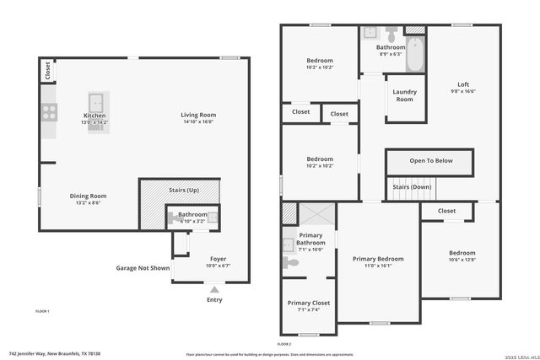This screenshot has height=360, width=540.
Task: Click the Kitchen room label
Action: click(x=94, y=116)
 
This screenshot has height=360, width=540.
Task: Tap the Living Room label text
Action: click(x=198, y=115)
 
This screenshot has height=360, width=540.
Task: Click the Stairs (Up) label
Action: click(x=179, y=189)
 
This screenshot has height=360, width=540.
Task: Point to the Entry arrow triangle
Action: click(x=214, y=289)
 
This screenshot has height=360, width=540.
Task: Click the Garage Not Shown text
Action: click(x=143, y=268)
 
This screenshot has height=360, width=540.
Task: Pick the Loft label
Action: click(x=463, y=84)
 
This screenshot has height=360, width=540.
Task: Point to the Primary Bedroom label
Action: click(x=378, y=259)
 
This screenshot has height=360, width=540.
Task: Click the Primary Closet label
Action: click(x=308, y=303)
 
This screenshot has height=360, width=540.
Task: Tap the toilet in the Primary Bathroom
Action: click(x=290, y=263)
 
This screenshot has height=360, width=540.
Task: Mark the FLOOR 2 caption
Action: click(x=284, y=344)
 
